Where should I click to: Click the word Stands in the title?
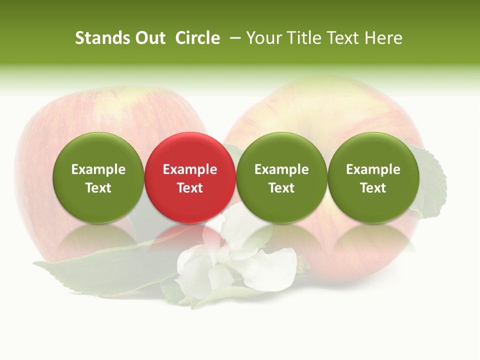click(103, 38)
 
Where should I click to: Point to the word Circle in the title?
click(197, 38)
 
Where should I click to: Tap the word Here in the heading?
click(383, 38)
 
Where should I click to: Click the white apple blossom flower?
click(235, 260)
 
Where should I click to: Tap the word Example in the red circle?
click(189, 169)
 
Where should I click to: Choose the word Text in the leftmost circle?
click(98, 188)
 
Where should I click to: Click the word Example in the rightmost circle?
click(373, 169)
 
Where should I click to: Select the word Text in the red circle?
click(189, 188)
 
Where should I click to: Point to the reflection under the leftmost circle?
click(98, 240)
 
